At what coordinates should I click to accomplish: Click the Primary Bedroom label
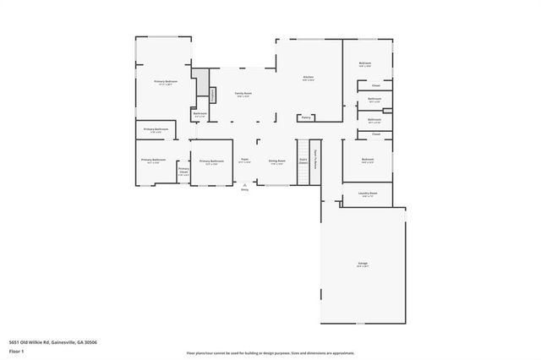click(164, 81)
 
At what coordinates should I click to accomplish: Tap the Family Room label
click(243, 93)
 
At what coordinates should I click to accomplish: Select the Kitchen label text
click(309, 78)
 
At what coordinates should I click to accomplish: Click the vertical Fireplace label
click(214, 94)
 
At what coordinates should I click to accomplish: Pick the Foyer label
click(244, 159)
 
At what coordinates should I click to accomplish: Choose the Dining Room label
click(276, 159)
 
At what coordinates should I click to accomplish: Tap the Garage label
click(362, 265)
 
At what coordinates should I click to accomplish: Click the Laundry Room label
click(368, 193)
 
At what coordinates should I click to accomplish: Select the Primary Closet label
click(183, 172)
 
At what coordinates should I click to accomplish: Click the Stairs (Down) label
click(303, 161)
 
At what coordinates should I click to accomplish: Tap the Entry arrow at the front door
click(245, 184)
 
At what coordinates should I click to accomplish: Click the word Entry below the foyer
click(245, 190)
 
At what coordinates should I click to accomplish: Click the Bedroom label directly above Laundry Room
click(368, 158)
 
